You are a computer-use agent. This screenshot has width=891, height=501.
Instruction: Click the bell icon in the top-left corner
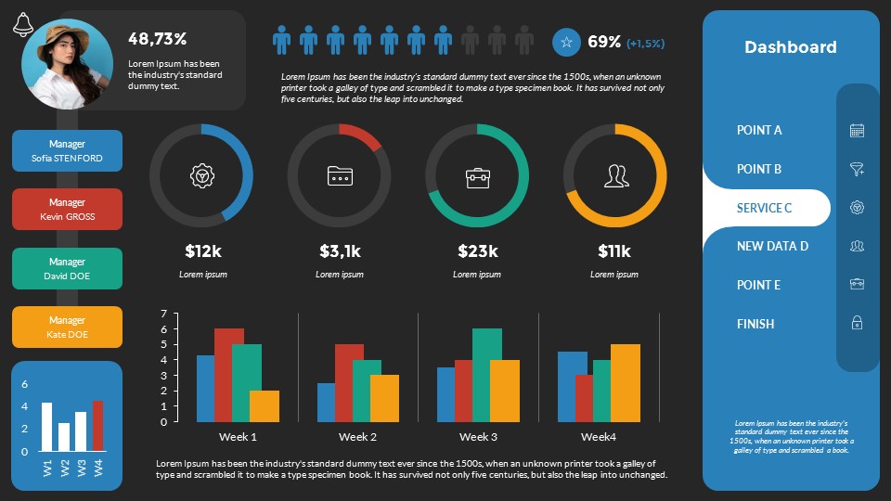tap(23, 26)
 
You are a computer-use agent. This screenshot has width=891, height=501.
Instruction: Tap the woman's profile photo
tap(67, 64)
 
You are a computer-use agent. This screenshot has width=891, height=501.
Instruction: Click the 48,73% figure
tap(158, 39)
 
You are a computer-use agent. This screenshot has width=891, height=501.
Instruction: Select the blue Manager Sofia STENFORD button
tap(67, 151)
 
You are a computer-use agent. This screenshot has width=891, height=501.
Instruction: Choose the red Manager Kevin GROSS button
tap(67, 210)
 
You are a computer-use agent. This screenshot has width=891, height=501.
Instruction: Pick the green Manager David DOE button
tap(67, 269)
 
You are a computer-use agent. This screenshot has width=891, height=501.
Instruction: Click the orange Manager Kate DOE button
tap(67, 328)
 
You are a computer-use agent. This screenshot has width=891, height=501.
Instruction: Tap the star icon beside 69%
tap(566, 43)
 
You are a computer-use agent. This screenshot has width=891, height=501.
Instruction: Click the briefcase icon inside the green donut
tap(477, 175)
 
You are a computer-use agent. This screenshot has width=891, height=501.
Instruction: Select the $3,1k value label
tap(340, 250)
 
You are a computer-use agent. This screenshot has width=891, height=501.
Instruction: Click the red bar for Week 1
tap(228, 375)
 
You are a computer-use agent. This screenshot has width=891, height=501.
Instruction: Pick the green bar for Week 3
tap(486, 375)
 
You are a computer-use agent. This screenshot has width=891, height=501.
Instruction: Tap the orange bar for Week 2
tap(384, 398)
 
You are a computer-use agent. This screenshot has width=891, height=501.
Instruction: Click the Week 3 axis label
tap(477, 437)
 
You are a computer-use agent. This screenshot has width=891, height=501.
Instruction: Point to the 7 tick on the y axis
tap(163, 314)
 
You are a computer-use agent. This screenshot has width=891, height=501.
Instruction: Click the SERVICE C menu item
tap(764, 208)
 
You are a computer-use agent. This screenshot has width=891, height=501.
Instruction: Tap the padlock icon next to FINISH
tap(857, 323)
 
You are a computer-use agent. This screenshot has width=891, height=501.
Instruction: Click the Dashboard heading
tap(790, 47)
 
